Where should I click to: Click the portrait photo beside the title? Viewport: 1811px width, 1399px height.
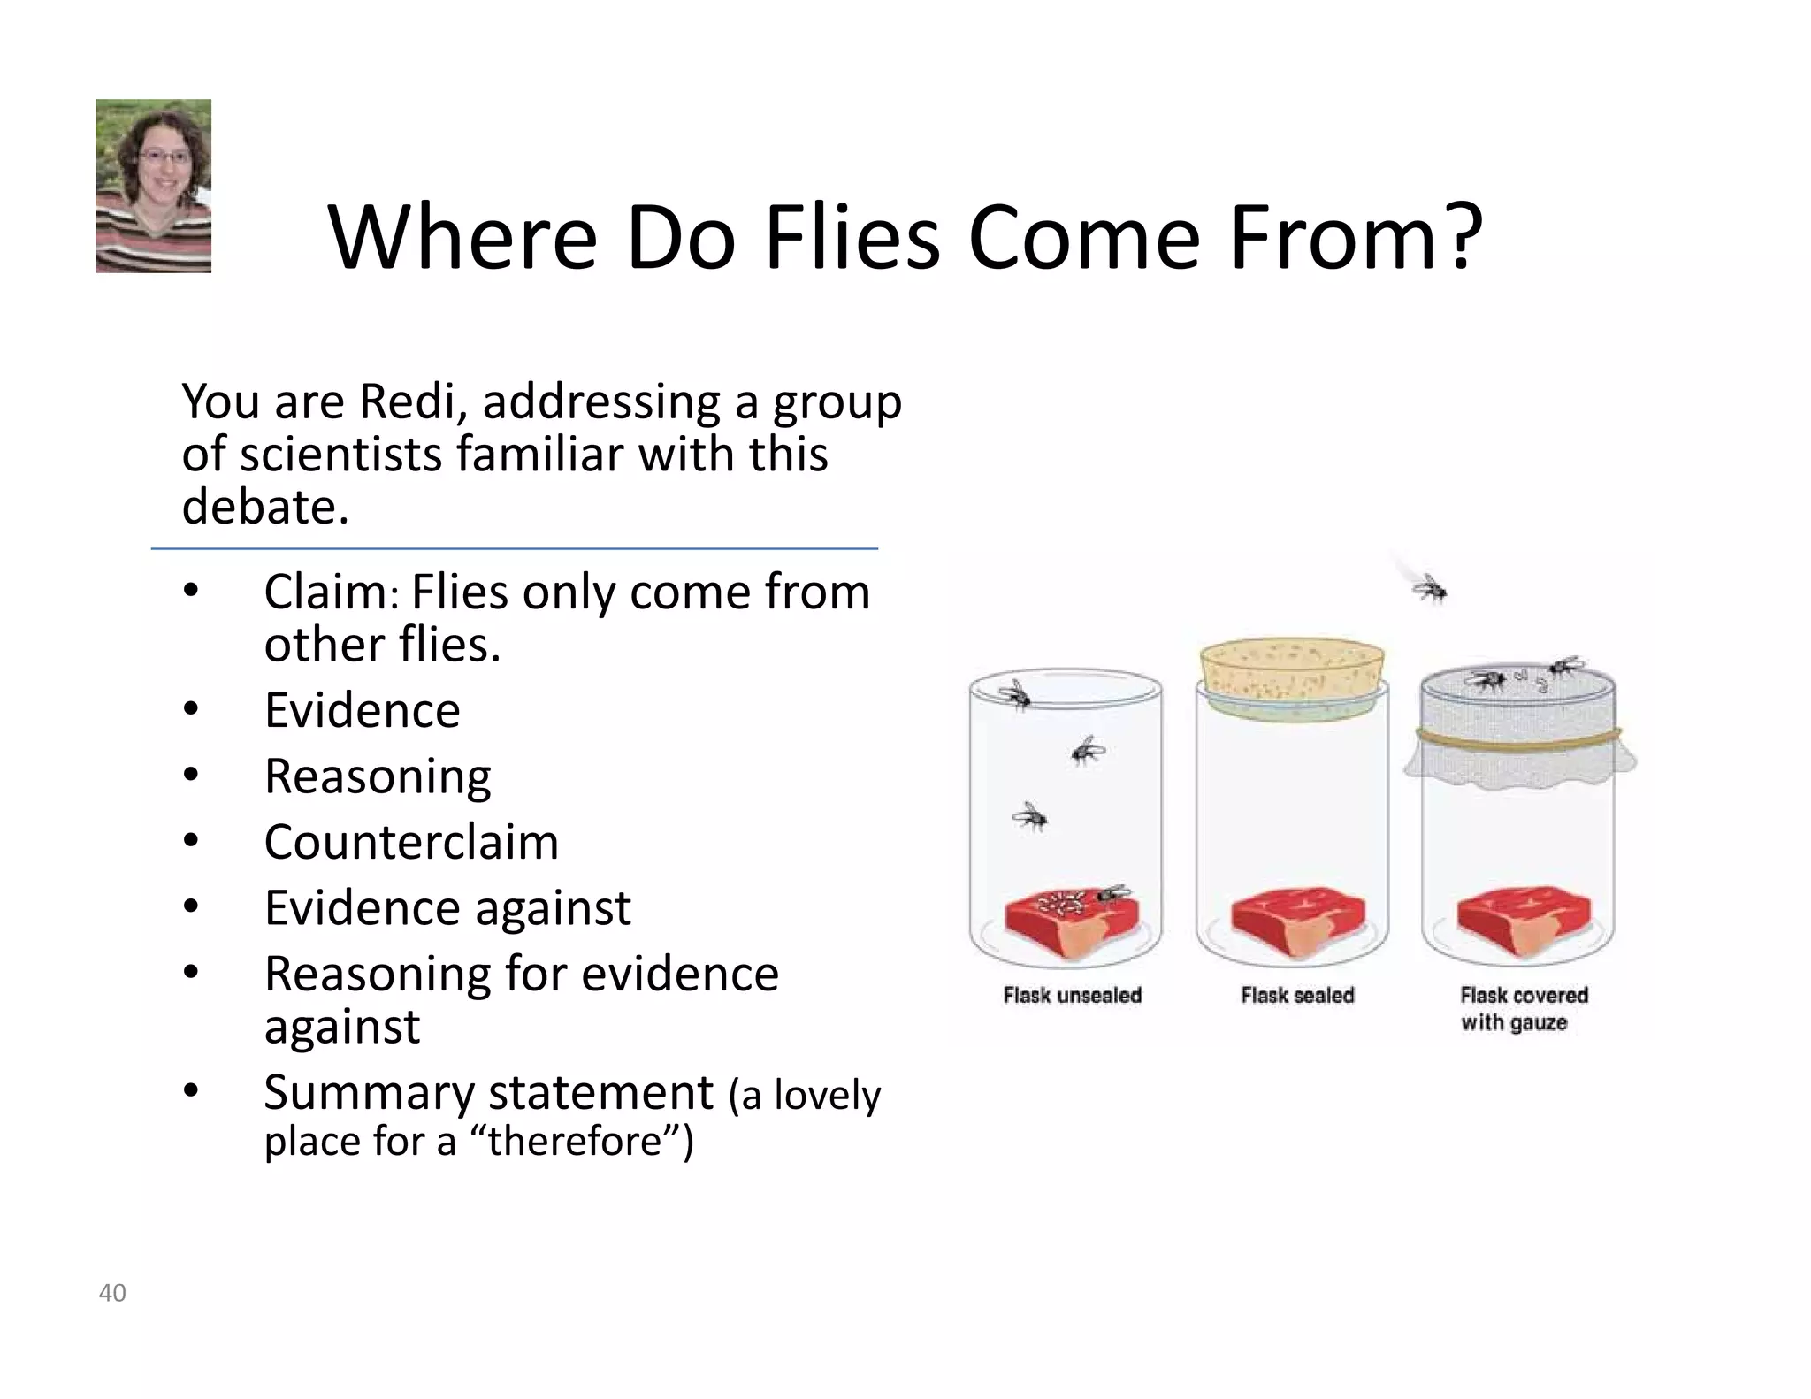[x=153, y=186]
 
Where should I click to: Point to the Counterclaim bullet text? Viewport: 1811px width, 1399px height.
[x=411, y=841]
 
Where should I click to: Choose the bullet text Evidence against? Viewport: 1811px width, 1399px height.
[x=447, y=907]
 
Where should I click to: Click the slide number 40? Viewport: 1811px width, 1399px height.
[x=112, y=1293]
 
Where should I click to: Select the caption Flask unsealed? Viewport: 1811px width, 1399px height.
[x=1072, y=996]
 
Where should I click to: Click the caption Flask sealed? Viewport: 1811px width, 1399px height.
[x=1297, y=996]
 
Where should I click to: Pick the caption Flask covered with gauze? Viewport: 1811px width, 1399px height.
[x=1523, y=1009]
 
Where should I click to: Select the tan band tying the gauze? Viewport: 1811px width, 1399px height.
[x=1517, y=736]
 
